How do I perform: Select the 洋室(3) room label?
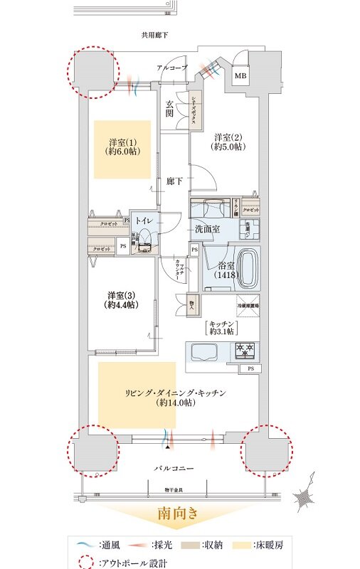pos(122,299)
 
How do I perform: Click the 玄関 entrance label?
pos(169,108)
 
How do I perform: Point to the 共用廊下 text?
pos(154,34)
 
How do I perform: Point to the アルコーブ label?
pos(173,68)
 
